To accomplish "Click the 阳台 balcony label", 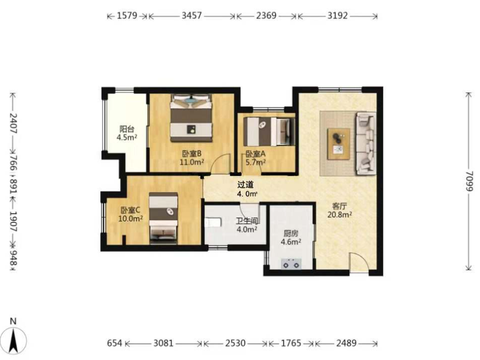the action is [x=127, y=129].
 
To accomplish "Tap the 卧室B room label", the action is [x=191, y=154].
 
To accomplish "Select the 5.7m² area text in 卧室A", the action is [x=256, y=162].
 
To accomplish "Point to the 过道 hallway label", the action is [x=245, y=185].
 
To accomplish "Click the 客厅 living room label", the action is [x=339, y=206].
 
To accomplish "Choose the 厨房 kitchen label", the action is [x=290, y=234].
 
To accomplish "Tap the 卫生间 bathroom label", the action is [x=247, y=221].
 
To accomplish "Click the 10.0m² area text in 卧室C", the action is [x=130, y=218].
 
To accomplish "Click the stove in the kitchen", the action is [x=291, y=264].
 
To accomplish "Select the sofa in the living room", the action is [x=366, y=143].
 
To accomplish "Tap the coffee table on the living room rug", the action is [x=338, y=144].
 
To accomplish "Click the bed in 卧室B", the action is [x=191, y=118].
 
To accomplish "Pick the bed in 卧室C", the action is [x=163, y=218].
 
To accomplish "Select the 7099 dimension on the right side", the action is [x=469, y=181].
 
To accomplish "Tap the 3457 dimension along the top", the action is [x=191, y=16].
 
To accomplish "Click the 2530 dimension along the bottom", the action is [x=235, y=343].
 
